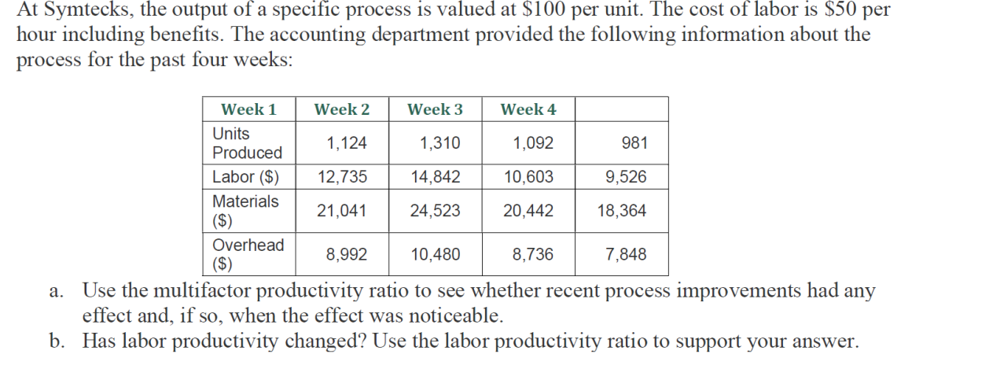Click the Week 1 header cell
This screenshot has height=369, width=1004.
pos(248,109)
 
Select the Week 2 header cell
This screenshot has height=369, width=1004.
pos(341,109)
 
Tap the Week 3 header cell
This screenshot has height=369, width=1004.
pos(435,109)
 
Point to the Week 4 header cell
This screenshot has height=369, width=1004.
pos(528,109)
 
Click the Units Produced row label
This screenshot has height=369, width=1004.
pos(247,143)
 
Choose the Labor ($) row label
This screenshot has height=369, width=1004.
pos(245,177)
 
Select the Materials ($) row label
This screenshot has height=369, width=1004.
pos(245,211)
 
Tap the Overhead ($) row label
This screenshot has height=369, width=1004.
pos(248,254)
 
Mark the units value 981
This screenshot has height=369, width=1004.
pos(634,143)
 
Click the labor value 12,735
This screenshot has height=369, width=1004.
pos(342,177)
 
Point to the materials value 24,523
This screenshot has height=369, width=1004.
pos(436,211)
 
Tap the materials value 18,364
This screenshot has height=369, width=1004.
pos(622,211)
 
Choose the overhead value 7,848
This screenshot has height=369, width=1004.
pos(626,254)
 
